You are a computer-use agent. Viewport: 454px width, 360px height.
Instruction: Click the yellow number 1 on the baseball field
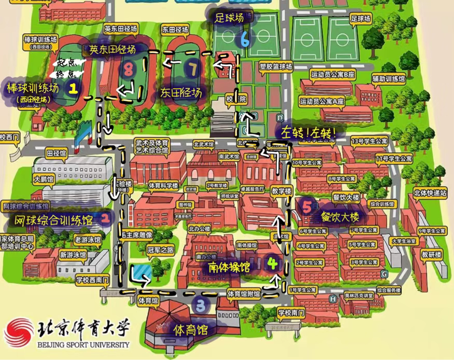tap(73, 88)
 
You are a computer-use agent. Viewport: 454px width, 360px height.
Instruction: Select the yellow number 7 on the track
tap(193, 67)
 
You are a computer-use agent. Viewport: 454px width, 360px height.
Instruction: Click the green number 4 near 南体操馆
tap(273, 262)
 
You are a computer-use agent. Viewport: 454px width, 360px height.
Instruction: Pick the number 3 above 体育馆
tap(201, 304)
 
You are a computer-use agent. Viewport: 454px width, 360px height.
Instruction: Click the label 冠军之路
tap(159, 250)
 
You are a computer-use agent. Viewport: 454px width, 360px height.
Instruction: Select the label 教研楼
tap(431, 254)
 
